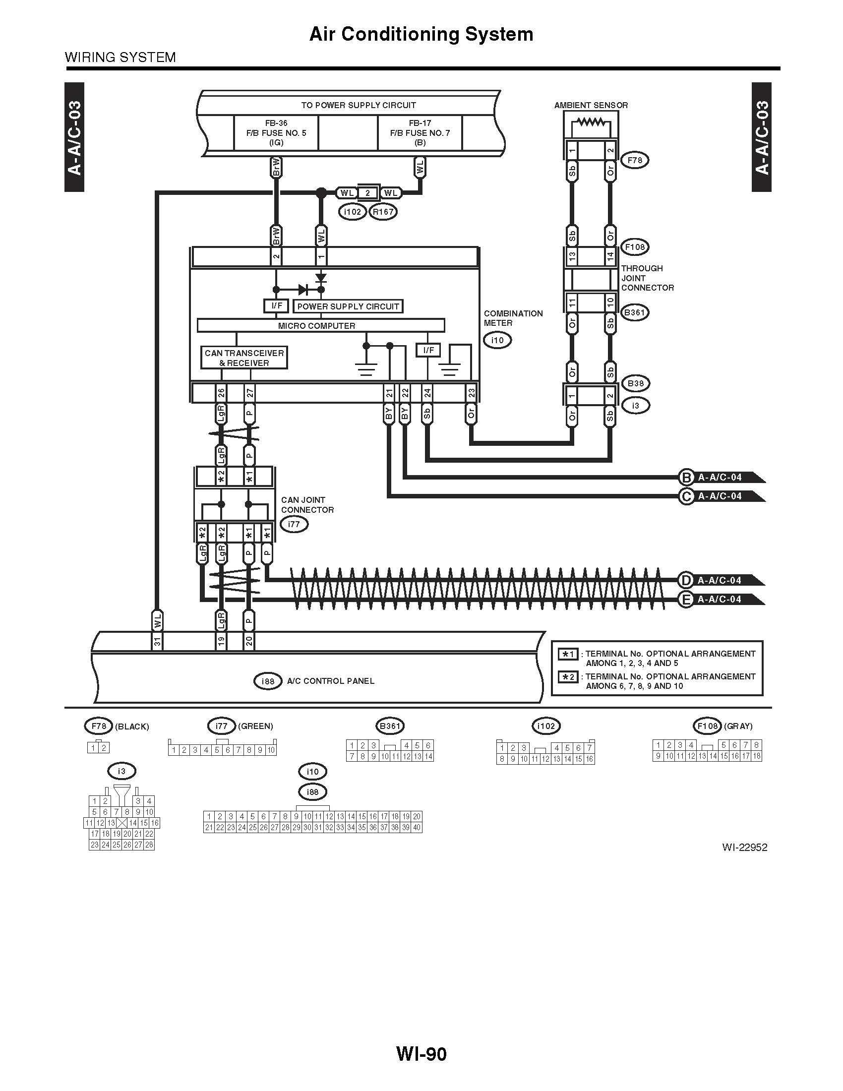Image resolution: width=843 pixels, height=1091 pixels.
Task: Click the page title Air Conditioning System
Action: pos(421,34)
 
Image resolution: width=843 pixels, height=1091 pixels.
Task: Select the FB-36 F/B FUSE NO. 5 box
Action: pos(276,132)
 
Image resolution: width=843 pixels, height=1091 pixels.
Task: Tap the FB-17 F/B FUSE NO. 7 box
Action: pos(420,132)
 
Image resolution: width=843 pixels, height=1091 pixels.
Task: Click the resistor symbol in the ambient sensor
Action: pos(591,122)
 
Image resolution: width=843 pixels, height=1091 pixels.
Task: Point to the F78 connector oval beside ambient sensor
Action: pos(635,160)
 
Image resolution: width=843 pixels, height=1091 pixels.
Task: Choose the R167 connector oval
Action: pos(383,212)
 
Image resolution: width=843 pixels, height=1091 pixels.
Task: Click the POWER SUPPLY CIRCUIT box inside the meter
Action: pos(348,306)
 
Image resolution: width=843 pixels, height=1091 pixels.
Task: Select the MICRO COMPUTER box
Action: pos(317,326)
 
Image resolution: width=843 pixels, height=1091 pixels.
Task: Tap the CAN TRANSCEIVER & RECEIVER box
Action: pos(244,358)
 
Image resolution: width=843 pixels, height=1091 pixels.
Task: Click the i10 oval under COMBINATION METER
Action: pos(497,340)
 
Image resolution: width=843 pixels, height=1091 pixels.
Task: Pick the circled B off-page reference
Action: pos(686,478)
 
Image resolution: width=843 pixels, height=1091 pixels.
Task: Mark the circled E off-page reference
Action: pos(686,599)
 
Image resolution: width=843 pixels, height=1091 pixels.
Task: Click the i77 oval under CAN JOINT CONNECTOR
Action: pos(294,524)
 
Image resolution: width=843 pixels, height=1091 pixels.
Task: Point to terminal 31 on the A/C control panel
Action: pos(158,641)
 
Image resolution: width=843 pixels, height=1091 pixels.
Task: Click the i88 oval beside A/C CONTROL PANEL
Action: pos(268,681)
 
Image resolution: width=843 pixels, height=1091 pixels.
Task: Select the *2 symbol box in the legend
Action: pos(568,677)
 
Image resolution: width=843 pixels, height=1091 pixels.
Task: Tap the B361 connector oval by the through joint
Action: pos(635,313)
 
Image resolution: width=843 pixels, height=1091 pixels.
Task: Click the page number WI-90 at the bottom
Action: pos(421,1053)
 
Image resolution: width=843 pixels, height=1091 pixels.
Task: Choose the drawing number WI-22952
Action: pos(744,847)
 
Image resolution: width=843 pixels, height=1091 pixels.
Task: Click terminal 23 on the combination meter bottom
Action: pos(472,393)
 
